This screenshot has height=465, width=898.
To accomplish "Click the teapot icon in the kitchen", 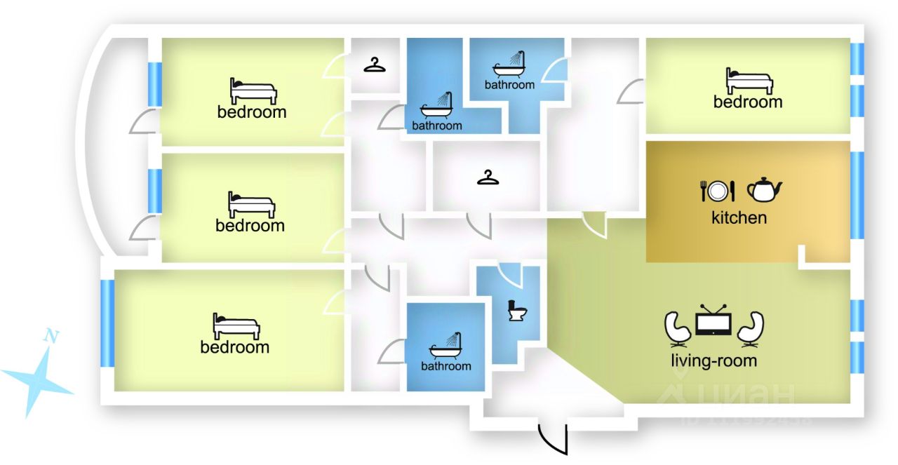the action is pyautogui.click(x=764, y=189).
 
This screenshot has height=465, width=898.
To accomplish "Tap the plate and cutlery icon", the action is pyautogui.click(x=717, y=190).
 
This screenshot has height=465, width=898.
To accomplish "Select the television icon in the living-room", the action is pyautogui.click(x=713, y=323).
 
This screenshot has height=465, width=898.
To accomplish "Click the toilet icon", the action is pyautogui.click(x=517, y=311).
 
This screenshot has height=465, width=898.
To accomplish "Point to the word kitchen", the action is pyautogui.click(x=739, y=217).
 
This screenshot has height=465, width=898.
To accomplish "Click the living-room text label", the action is pyautogui.click(x=713, y=361).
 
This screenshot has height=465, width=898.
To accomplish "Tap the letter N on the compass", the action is pyautogui.click(x=51, y=335).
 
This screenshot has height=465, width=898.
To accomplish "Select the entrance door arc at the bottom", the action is pyautogui.click(x=552, y=438).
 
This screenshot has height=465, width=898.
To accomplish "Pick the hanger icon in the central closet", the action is pyautogui.click(x=488, y=178).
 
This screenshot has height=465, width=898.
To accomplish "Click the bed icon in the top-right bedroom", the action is pyautogui.click(x=749, y=81).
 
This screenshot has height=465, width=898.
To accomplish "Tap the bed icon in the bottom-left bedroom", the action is pyautogui.click(x=236, y=326).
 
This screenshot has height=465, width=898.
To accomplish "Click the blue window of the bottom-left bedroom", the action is pyautogui.click(x=107, y=323).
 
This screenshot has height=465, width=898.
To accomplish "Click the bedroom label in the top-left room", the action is pyautogui.click(x=252, y=112).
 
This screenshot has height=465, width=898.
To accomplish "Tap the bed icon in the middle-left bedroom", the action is pyautogui.click(x=251, y=204).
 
